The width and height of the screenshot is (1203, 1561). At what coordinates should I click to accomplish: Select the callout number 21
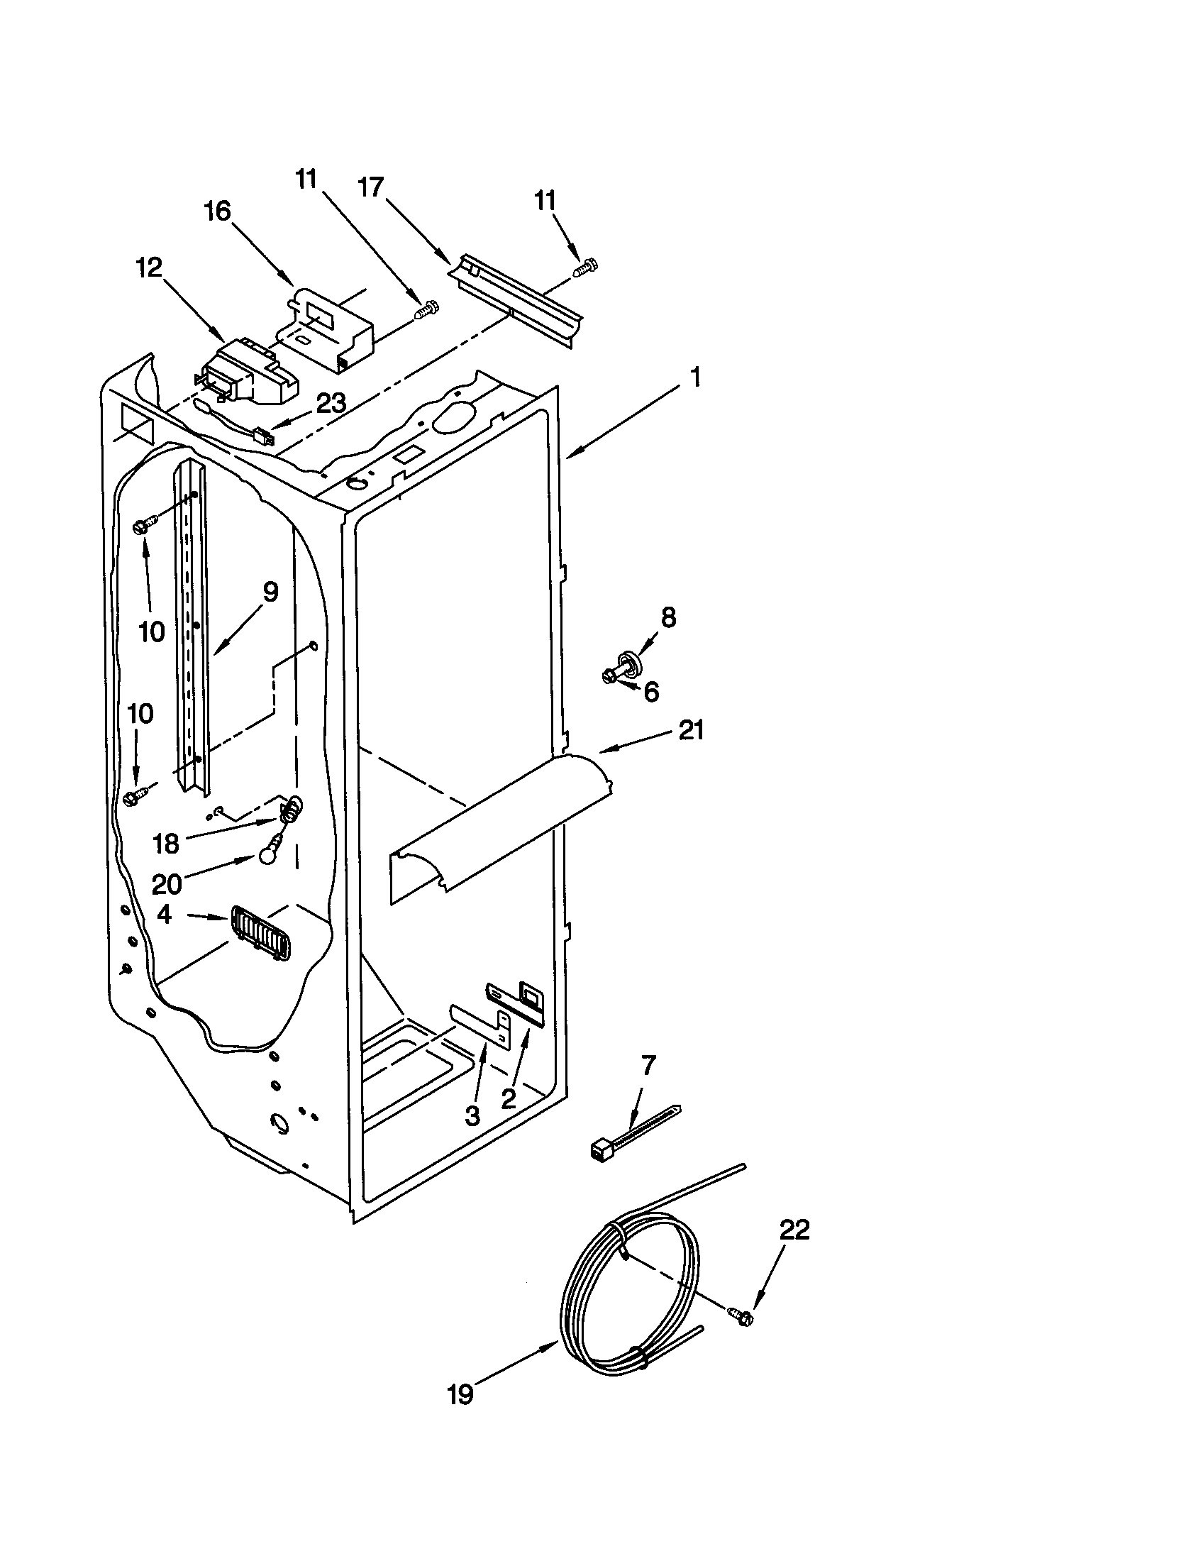pos(691,730)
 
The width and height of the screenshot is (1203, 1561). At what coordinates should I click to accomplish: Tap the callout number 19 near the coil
pos(461,1394)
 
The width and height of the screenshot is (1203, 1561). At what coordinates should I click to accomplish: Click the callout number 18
pos(166,844)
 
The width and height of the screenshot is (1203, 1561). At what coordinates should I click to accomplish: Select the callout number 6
pos(650,691)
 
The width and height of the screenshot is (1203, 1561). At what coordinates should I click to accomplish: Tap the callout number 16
pos(217,211)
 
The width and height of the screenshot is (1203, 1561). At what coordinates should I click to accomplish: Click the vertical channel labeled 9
pos(190,629)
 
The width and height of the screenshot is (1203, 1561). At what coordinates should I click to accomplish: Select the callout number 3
pos(472,1116)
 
